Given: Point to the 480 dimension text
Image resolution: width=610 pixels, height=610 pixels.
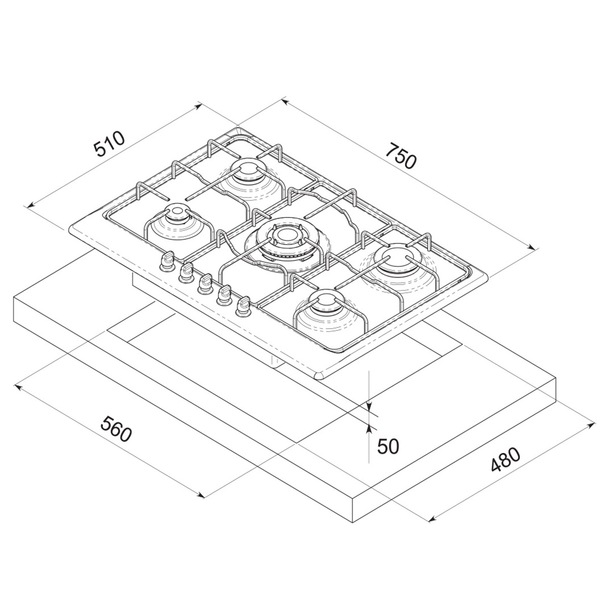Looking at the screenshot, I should click(x=505, y=461).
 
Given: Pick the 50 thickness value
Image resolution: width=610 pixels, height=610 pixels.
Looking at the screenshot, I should click(x=388, y=446).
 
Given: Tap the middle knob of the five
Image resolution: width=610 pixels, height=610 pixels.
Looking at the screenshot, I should click(x=204, y=283).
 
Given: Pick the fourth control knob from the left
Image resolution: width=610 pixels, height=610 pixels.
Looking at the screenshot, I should click(x=224, y=295).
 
